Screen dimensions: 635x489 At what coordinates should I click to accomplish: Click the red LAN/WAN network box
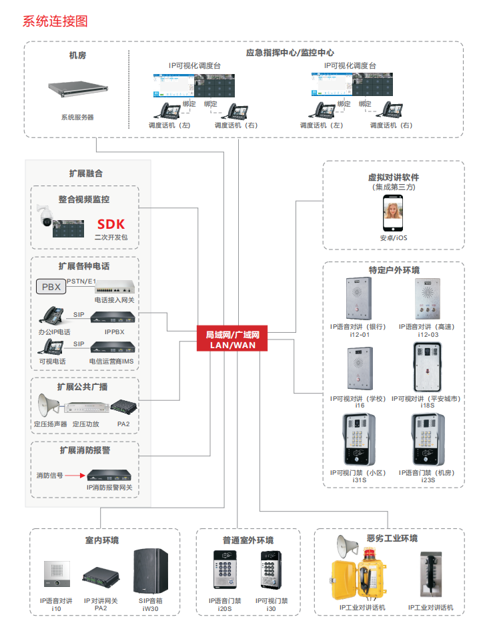232,340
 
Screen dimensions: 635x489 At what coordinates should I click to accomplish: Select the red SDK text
111,224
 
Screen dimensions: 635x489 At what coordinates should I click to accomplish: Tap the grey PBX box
51,287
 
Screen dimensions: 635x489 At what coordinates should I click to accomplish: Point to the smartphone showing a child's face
394,215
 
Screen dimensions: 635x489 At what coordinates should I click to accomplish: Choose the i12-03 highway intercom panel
426,298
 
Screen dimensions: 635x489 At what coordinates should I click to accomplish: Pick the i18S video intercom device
427,368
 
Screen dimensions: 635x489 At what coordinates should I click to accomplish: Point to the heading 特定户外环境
394,270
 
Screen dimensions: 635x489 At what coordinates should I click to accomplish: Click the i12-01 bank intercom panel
358,298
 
